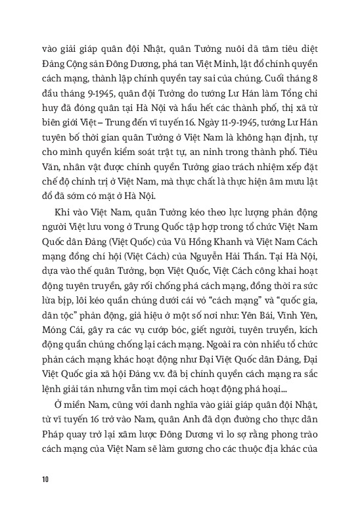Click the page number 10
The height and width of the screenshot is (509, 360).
(44, 477)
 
